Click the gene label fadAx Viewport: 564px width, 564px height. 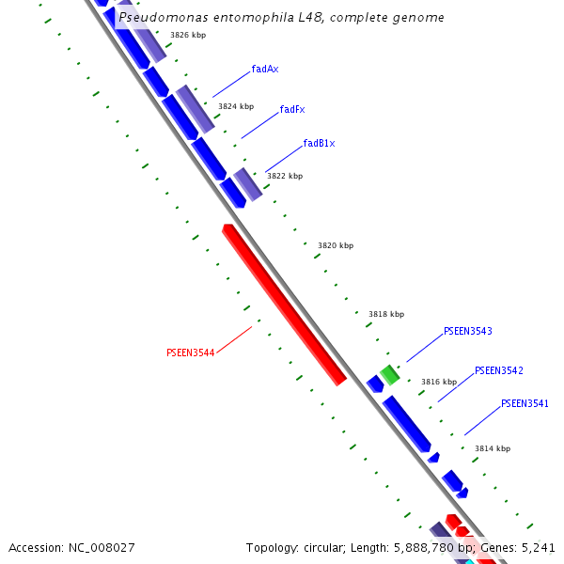coord(265,70)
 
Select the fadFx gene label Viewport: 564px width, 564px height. coord(292,110)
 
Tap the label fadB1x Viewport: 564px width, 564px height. coord(319,144)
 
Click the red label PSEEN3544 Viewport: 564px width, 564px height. coord(190,353)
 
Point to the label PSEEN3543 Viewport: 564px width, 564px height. coord(467,332)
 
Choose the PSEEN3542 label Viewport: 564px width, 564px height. coord(498,371)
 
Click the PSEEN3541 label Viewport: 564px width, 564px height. coord(525,404)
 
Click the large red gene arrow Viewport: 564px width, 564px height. coord(284,305)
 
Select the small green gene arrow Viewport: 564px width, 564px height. coord(389,375)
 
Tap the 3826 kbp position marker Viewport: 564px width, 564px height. coord(188,35)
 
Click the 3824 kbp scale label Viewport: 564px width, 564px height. coord(236,107)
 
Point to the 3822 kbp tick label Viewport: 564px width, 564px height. coord(285,176)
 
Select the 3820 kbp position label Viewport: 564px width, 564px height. coord(336,245)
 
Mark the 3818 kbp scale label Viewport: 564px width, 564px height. coord(386,314)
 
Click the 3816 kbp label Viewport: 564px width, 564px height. coord(439,382)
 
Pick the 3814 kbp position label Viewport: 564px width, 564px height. coord(493,449)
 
